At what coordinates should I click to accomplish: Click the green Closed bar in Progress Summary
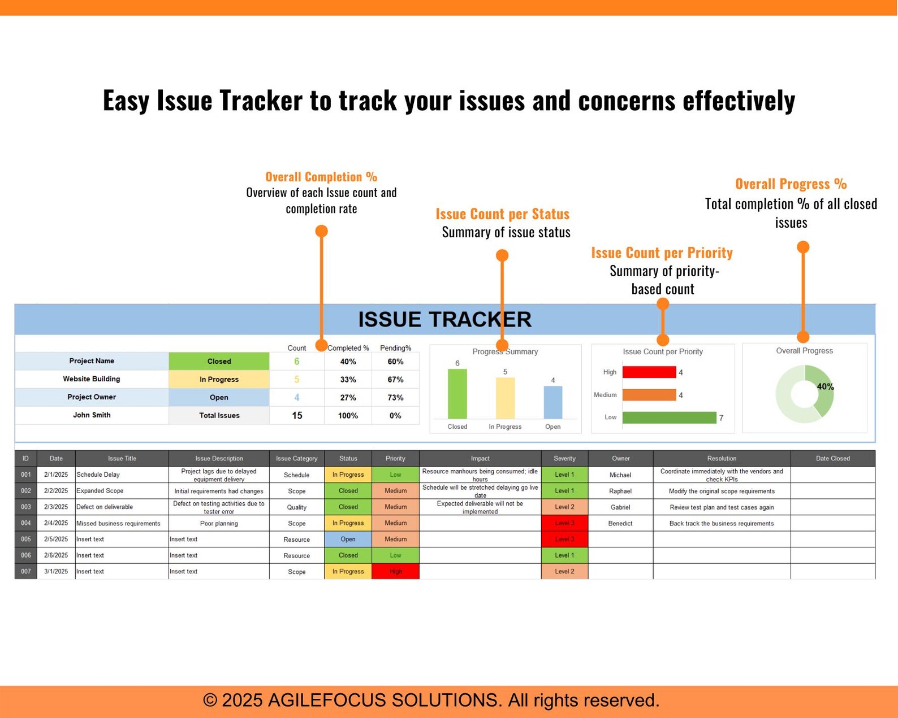click(x=457, y=394)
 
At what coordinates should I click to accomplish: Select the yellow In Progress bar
click(x=505, y=398)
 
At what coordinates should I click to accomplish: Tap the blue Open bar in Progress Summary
click(x=552, y=402)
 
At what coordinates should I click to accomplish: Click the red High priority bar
click(x=649, y=372)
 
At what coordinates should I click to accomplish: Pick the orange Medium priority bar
click(x=649, y=395)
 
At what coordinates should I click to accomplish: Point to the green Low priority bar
click(x=669, y=417)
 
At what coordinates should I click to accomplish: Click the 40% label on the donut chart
click(x=825, y=387)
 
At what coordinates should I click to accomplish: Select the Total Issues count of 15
click(x=297, y=416)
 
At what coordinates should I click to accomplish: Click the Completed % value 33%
click(x=348, y=380)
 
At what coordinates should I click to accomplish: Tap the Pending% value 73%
click(x=395, y=398)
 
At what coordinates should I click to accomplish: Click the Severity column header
click(x=564, y=458)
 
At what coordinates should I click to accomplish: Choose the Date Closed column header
click(x=832, y=458)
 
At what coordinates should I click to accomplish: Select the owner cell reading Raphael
click(x=620, y=491)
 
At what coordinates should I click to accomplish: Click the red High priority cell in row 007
click(x=395, y=572)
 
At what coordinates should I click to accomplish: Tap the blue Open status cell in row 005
click(x=348, y=539)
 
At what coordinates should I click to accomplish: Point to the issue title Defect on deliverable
click(x=105, y=507)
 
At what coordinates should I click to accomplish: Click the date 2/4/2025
click(x=56, y=523)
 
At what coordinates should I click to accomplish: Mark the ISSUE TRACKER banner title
click(x=444, y=320)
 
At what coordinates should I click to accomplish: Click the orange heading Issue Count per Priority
click(x=662, y=253)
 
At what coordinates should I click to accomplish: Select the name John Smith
click(x=92, y=415)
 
